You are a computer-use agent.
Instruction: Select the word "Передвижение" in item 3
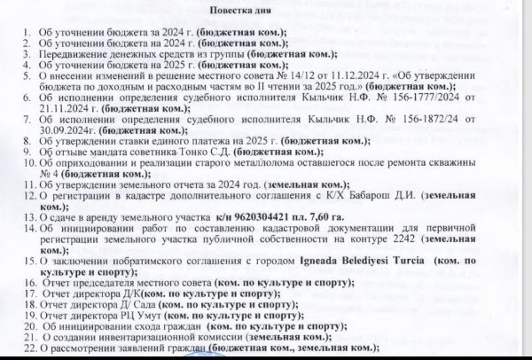tap(71, 54)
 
